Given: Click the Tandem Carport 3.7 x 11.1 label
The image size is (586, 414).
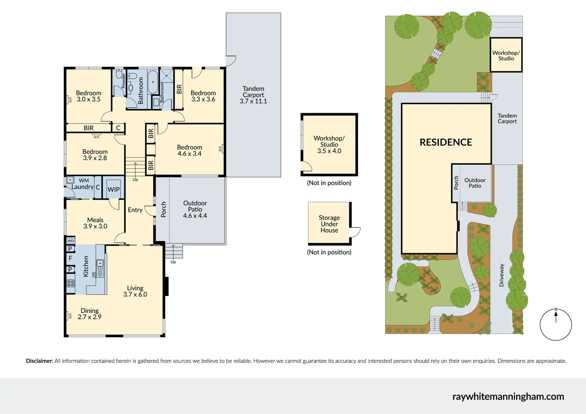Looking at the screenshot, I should tap(253, 95).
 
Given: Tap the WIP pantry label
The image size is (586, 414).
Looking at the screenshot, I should tap(113, 189).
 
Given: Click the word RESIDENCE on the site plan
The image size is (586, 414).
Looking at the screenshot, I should tap(446, 142).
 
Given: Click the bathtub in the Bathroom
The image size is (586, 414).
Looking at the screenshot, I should tap(153, 82).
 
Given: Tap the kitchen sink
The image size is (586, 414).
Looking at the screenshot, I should tap(100, 263).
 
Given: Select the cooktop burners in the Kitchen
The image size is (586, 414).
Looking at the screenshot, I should tap(71, 283).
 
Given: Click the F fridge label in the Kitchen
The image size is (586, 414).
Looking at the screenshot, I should tap(71, 258).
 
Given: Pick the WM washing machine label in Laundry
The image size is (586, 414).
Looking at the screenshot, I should tap(84, 181).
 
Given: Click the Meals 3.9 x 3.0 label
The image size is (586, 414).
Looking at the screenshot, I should tap(95, 223).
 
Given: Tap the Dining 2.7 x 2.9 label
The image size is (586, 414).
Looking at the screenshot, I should tap(90, 314).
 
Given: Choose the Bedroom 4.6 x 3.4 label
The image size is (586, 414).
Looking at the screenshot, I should tap(189, 150).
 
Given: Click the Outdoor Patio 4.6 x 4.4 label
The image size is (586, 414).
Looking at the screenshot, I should tap(195, 209).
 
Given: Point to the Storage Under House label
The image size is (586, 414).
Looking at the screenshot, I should tap(329, 224).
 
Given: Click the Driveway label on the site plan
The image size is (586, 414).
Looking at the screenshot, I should tap(501, 275).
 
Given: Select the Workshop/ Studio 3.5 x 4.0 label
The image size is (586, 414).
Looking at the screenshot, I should tap(329, 145).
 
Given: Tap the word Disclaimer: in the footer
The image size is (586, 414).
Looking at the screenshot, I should tap(39, 361).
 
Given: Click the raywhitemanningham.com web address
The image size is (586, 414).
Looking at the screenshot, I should tap(508, 396).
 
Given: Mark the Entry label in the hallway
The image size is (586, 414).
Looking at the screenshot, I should tap(135, 210).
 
